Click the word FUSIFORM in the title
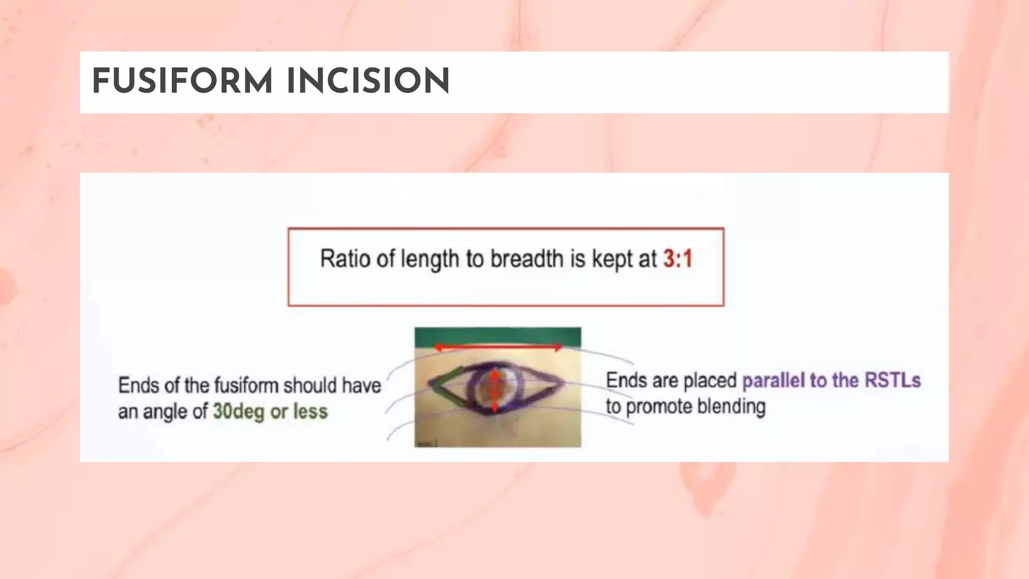pos(182,81)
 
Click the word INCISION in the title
pos(368,81)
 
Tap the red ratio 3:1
pos(678,259)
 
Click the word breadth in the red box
pos(527,259)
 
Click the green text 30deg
pos(238,412)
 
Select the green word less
pos(311,412)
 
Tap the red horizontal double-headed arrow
pos(498,347)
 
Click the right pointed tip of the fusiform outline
pos(562,383)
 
